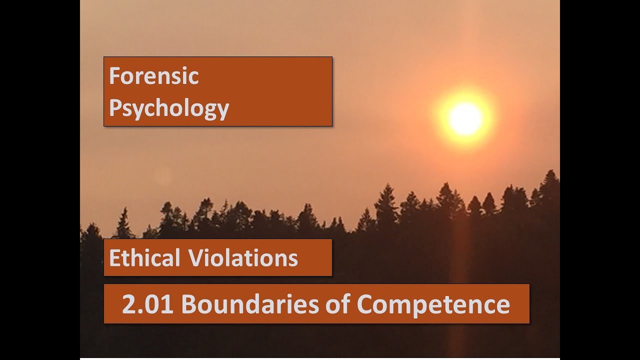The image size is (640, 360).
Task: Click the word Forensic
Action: pyautogui.click(x=154, y=76)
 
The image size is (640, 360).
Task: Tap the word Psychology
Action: pyautogui.click(x=169, y=108)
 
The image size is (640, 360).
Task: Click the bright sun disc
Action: pyautogui.click(x=465, y=119)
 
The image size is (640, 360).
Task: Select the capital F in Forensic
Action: pyautogui.click(x=114, y=76)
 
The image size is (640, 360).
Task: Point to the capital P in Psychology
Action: pyautogui.click(x=114, y=107)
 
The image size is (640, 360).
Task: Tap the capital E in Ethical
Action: pyautogui.click(x=114, y=258)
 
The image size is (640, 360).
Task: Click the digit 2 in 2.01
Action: pyautogui.click(x=129, y=304)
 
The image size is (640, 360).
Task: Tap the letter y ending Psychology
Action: pyautogui.click(x=223, y=110)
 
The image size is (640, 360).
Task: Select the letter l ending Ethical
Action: pyautogui.click(x=177, y=257)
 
